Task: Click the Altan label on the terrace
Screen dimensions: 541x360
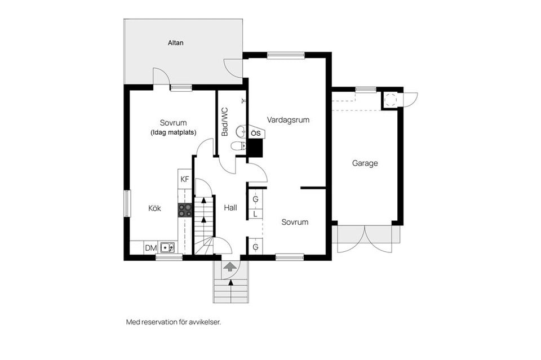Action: (x=176, y=43)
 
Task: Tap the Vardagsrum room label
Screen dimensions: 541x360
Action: (x=288, y=120)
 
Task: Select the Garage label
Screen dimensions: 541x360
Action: (x=365, y=163)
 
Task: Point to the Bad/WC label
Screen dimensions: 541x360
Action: (x=225, y=122)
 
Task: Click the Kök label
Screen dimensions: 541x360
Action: (x=154, y=208)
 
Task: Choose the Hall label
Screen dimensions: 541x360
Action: (x=230, y=207)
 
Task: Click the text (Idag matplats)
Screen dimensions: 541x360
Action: (x=173, y=132)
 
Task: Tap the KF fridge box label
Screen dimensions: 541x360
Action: (x=185, y=179)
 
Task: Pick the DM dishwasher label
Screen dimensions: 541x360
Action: (x=151, y=248)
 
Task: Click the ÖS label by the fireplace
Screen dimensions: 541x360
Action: (x=256, y=133)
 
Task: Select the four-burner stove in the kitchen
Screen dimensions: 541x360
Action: (x=185, y=210)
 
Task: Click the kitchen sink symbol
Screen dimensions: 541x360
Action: (x=167, y=247)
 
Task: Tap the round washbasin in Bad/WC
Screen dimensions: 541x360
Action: (x=241, y=131)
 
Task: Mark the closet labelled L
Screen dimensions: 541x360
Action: (x=256, y=214)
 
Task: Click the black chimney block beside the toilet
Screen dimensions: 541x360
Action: (x=256, y=148)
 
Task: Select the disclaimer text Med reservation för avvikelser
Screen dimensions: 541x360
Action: (x=173, y=322)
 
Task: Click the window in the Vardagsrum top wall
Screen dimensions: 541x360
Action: (x=286, y=55)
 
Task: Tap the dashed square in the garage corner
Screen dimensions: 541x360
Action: (x=390, y=100)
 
